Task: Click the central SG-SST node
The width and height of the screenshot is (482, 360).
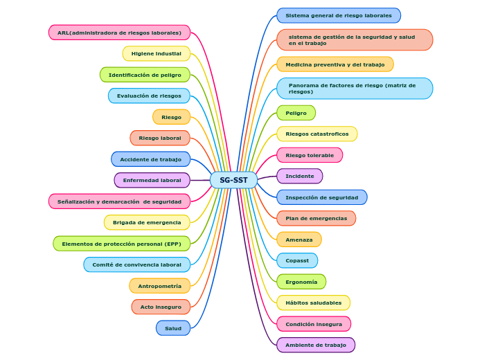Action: (233, 180)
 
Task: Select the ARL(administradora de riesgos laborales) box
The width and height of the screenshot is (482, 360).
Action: (119, 33)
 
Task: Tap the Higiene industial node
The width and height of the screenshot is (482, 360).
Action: (156, 53)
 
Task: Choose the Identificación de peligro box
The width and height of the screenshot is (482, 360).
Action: (145, 75)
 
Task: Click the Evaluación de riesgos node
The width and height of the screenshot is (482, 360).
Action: (149, 96)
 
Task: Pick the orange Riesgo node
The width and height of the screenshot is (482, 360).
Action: (171, 117)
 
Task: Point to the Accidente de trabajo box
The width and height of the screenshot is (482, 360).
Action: (150, 159)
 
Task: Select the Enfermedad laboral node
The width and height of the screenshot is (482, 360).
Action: (152, 180)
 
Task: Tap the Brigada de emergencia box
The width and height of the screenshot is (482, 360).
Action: (147, 222)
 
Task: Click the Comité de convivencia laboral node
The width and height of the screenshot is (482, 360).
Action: (136, 264)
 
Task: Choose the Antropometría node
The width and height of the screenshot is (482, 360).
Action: (159, 286)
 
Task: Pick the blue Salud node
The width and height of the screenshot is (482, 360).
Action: (173, 328)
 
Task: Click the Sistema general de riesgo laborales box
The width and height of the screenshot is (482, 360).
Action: (338, 15)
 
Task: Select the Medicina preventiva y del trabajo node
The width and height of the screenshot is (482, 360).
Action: (334, 64)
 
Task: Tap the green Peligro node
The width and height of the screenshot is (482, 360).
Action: (296, 113)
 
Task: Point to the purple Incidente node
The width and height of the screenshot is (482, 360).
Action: (299, 176)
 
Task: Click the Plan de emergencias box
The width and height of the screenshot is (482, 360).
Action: (316, 218)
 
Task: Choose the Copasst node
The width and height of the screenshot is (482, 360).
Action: (297, 260)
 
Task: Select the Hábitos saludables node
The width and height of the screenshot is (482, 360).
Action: (313, 303)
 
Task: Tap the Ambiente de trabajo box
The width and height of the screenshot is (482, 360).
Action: (315, 345)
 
